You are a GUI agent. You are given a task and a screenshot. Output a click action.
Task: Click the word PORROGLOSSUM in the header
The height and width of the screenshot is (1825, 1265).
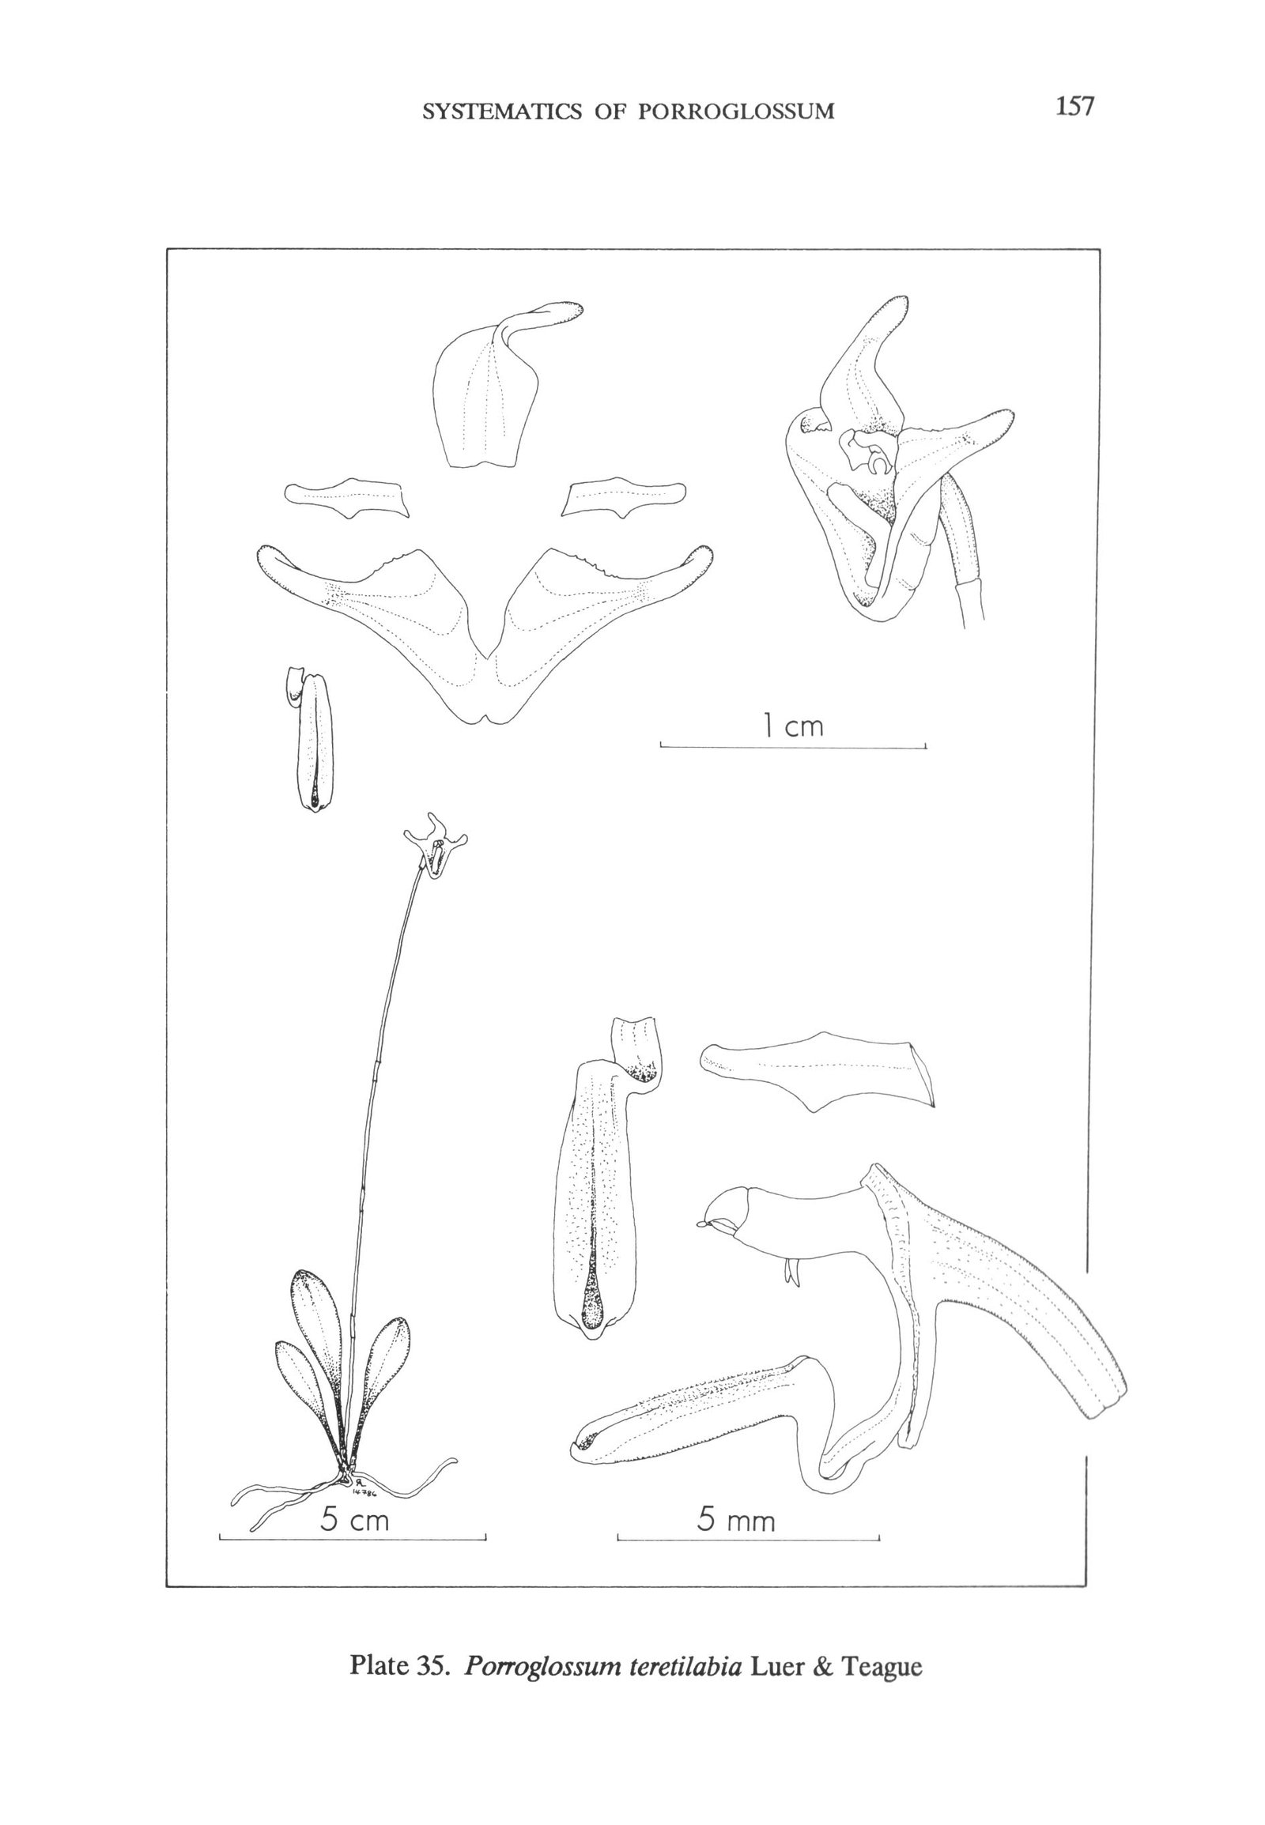[x=736, y=111]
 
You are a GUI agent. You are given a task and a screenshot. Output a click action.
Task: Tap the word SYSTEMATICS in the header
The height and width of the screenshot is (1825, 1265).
[x=504, y=111]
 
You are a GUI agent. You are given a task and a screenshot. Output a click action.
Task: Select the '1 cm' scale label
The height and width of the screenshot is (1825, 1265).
[x=794, y=725]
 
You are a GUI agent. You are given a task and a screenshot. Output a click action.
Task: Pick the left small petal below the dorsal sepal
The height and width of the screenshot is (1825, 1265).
[x=347, y=498]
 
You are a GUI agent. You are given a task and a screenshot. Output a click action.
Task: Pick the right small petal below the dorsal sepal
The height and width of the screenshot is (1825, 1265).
[x=624, y=498]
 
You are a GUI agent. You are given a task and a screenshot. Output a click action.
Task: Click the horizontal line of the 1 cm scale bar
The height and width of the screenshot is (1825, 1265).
[x=794, y=747]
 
